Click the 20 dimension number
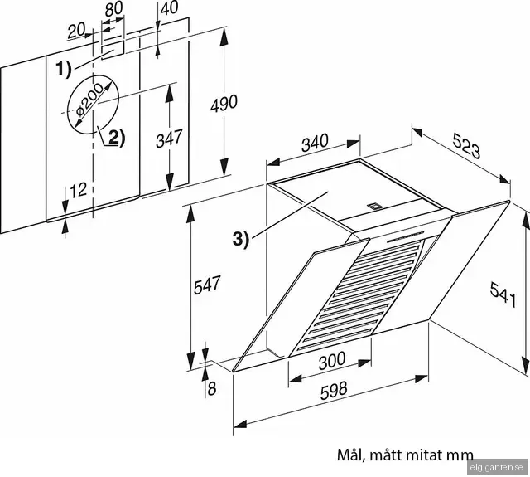click(77, 31)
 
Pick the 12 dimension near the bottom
click(78, 190)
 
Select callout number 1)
click(65, 69)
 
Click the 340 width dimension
click(314, 144)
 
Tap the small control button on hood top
click(373, 203)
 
